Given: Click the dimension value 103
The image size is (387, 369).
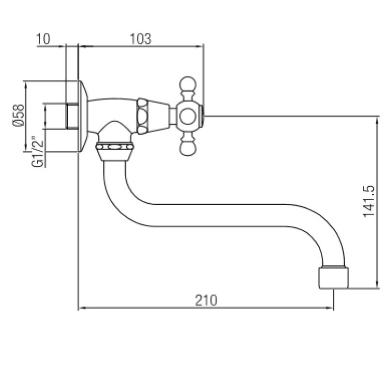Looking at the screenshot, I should pos(141,39).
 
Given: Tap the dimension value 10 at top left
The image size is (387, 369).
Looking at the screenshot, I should pos(43,39).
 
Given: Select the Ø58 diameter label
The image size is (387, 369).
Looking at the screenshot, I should pos(18,116).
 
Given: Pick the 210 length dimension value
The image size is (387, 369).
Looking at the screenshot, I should pos(206,300).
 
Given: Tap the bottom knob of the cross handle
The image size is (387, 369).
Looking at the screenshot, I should pos(187,147).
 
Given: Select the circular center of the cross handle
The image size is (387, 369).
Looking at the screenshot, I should pos(187,116).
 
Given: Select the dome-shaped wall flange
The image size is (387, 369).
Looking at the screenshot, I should pos(83,116).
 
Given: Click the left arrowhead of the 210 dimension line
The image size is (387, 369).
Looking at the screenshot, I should pos(81,307).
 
